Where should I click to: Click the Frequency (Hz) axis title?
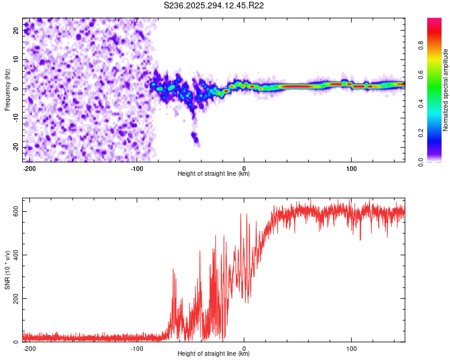click(x=7, y=90)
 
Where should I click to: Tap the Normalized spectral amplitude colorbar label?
click(x=446, y=90)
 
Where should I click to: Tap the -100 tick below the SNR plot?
click(x=136, y=347)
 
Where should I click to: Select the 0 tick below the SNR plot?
click(x=244, y=347)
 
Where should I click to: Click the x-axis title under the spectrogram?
click(x=214, y=174)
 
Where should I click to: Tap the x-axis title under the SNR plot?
click(x=214, y=354)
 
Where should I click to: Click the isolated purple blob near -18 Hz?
click(x=195, y=139)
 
